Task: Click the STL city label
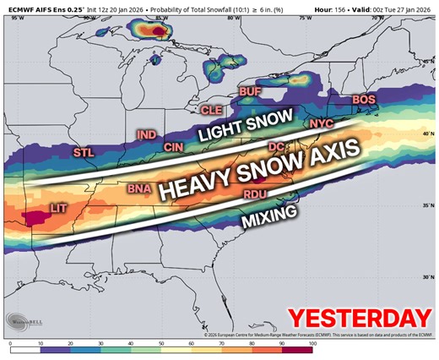tap(84, 153)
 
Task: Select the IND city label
tap(147, 135)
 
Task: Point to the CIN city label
tap(174, 147)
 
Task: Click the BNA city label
tap(138, 190)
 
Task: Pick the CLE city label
tap(210, 110)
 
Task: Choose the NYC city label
tap(322, 124)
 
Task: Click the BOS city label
tap(364, 100)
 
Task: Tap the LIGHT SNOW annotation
tap(245, 125)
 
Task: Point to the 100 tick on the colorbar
tap(312, 346)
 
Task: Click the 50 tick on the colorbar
tap(161, 346)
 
